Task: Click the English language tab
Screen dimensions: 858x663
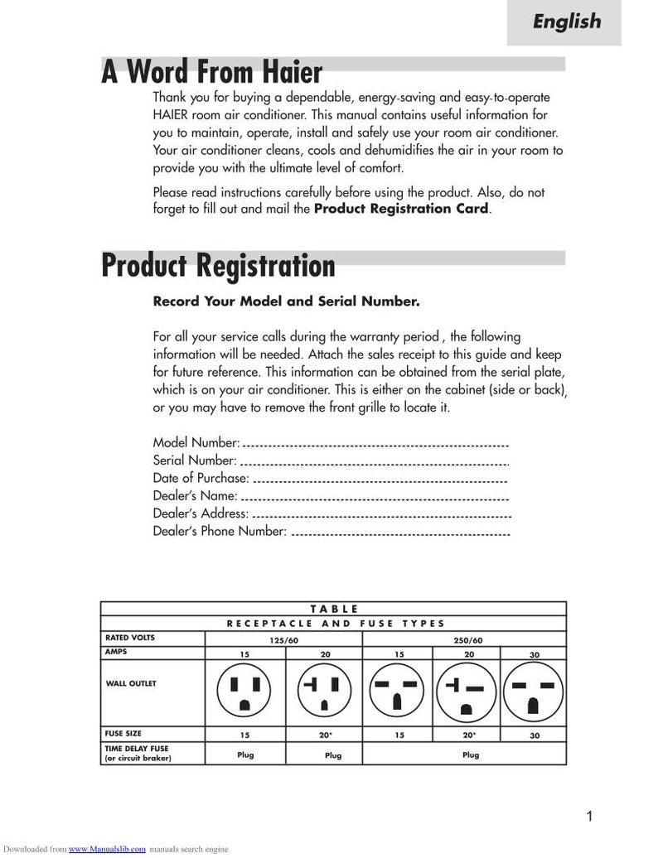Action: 566,22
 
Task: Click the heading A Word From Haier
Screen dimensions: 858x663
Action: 211,72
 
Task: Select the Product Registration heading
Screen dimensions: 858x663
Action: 218,266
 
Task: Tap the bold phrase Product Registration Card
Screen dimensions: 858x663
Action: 401,209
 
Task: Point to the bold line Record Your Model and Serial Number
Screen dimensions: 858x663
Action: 286,301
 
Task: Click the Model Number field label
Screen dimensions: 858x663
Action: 196,443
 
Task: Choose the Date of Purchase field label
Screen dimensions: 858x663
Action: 201,478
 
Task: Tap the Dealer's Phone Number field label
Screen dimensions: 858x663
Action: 220,531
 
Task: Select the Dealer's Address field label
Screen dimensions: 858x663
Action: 201,513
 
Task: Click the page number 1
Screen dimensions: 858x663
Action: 589,817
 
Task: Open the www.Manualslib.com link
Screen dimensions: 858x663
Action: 107,849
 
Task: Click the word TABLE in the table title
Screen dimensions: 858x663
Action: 334,609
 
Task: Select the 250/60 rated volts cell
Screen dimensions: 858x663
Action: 468,640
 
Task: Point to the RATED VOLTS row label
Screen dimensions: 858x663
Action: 129,638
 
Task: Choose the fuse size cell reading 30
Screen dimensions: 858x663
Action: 535,735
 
